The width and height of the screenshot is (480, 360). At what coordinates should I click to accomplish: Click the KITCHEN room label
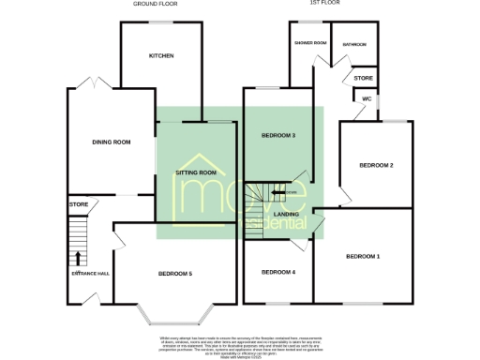[161, 56]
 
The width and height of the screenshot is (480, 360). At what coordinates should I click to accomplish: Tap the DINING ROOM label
[111, 142]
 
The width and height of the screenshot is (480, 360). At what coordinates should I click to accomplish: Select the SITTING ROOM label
[196, 173]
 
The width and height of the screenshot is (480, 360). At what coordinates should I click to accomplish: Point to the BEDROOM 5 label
[175, 273]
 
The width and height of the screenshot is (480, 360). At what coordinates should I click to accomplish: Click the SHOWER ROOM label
[309, 43]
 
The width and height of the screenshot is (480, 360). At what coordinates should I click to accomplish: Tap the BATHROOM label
[354, 45]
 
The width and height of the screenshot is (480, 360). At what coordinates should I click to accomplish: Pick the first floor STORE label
[364, 78]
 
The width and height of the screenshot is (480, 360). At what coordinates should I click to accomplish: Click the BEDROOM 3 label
[278, 136]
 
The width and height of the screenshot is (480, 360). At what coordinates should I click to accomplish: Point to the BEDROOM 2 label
[376, 166]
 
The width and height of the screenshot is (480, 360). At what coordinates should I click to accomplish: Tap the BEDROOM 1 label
[363, 256]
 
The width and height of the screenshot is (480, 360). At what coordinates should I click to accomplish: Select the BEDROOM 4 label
[278, 272]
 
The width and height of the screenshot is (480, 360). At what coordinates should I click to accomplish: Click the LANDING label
[286, 215]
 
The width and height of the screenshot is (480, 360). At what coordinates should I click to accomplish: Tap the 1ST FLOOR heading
[311, 4]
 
